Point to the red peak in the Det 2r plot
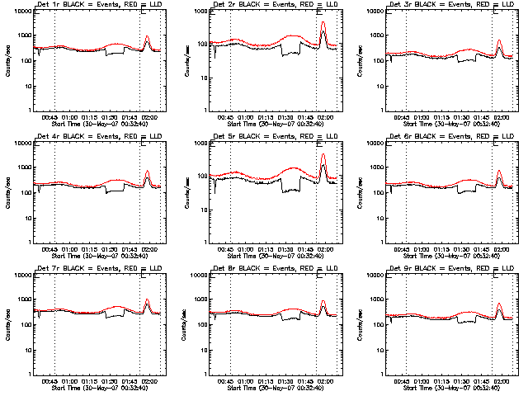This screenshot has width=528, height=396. pos(323,22)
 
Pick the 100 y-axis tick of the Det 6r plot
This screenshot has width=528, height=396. pos(370,192)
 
